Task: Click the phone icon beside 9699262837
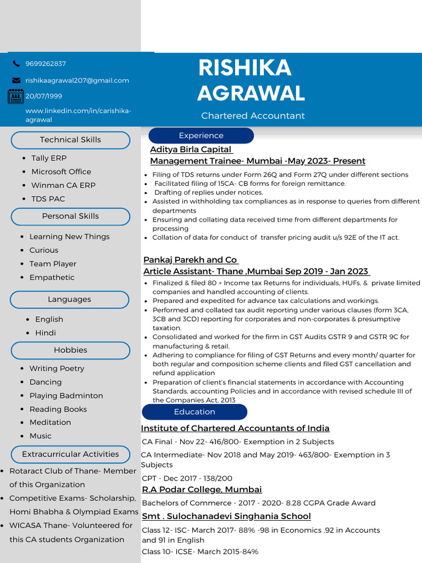click(16, 64)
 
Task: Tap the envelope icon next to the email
click(16, 80)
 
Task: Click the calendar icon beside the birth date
click(15, 96)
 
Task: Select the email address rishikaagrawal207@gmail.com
click(77, 80)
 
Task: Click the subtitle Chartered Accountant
click(253, 115)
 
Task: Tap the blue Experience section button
click(201, 136)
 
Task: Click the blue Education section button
click(195, 412)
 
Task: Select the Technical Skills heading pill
click(70, 140)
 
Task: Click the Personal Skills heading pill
click(70, 216)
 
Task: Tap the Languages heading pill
click(69, 300)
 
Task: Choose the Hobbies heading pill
click(70, 350)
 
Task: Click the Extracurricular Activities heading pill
click(70, 455)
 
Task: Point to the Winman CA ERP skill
click(63, 185)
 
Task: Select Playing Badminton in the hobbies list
click(66, 396)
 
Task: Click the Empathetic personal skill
click(52, 278)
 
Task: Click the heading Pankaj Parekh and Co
click(190, 260)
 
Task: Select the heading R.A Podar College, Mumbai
click(202, 489)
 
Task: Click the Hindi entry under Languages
click(46, 333)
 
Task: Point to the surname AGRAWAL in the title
click(251, 93)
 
